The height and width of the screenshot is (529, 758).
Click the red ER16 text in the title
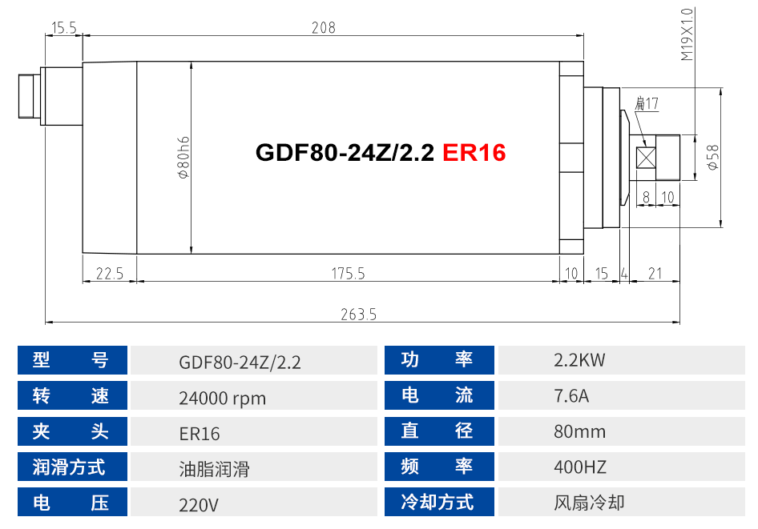pos(474,152)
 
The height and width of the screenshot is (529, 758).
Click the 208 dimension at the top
pos(323,28)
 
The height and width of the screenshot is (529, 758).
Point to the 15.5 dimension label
pos(63,28)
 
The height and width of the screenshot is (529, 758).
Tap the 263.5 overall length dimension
pos(358,315)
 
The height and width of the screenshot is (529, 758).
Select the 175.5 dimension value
pos(348,274)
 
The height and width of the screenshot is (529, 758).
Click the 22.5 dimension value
pos(109,274)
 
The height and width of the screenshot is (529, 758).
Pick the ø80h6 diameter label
pos(183,157)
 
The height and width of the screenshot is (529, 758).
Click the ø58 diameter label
pos(712,158)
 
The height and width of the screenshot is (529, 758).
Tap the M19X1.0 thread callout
pos(687,35)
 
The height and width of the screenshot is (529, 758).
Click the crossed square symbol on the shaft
pos(645,158)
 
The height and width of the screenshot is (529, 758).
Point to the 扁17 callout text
pos(646,104)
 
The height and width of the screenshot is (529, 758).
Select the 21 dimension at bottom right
pos(655,274)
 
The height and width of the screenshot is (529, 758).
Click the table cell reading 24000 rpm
pos(223,397)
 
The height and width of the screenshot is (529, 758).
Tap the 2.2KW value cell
pos(579,360)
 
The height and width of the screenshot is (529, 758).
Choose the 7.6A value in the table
pos(572,396)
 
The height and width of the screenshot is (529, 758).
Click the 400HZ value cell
pos(579,467)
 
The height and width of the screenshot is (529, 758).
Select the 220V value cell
pos(199,504)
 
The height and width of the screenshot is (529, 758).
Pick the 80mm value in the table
pos(579,432)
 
